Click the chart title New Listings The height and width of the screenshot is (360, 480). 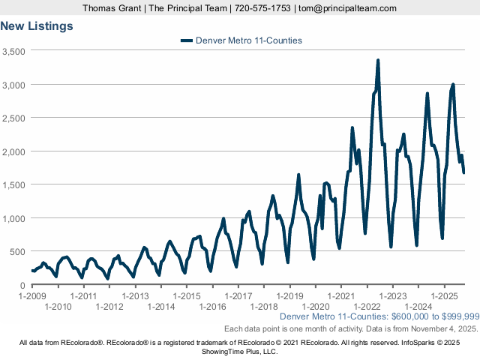pyautogui.click(x=37, y=26)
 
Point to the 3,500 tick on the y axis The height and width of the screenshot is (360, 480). pyautogui.click(x=14, y=51)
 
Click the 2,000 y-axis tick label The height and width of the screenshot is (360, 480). pyautogui.click(x=14, y=151)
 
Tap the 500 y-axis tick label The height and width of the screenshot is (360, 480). pyautogui.click(x=19, y=251)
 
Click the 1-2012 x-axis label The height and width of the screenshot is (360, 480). pyautogui.click(x=109, y=307)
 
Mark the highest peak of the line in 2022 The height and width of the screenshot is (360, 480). pyautogui.click(x=378, y=61)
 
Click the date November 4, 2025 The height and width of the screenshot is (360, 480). pyautogui.click(x=445, y=329)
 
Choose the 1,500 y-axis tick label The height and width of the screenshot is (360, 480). pyautogui.click(x=14, y=184)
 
